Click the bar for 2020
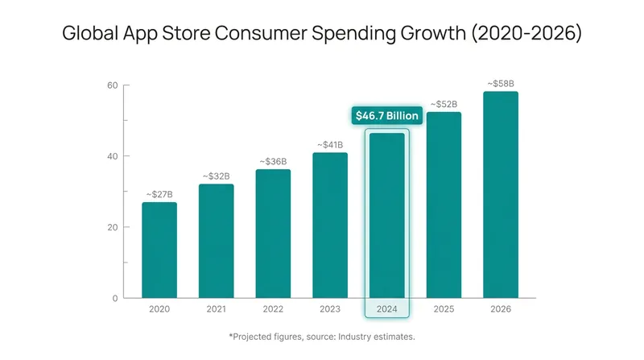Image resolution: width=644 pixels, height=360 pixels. [159, 250]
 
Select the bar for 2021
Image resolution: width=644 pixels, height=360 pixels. [216, 241]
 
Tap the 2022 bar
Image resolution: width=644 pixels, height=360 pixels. [273, 234]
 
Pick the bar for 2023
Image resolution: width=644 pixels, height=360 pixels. [330, 226]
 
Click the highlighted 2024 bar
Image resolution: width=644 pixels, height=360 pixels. [387, 215]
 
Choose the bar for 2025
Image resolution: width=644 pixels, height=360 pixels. [444, 205]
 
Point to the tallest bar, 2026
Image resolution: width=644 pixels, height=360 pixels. [501, 195]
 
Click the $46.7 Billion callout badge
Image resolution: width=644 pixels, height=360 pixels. [387, 115]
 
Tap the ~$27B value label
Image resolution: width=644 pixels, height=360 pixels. [159, 194]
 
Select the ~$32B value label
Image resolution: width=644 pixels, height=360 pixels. [216, 176]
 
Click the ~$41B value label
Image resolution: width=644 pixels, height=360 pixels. [330, 145]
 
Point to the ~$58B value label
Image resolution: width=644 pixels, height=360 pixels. [501, 84]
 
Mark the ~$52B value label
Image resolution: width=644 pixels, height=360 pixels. [444, 105]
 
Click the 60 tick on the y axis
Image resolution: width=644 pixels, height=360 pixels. [113, 85]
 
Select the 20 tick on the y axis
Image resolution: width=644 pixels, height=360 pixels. [113, 227]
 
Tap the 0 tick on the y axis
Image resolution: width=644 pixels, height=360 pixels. [115, 298]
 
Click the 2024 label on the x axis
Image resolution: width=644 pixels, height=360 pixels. [387, 309]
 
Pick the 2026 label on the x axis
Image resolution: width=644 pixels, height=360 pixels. [501, 309]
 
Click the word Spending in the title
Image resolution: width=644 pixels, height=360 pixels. [353, 34]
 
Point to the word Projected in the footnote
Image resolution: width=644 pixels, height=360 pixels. [250, 337]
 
